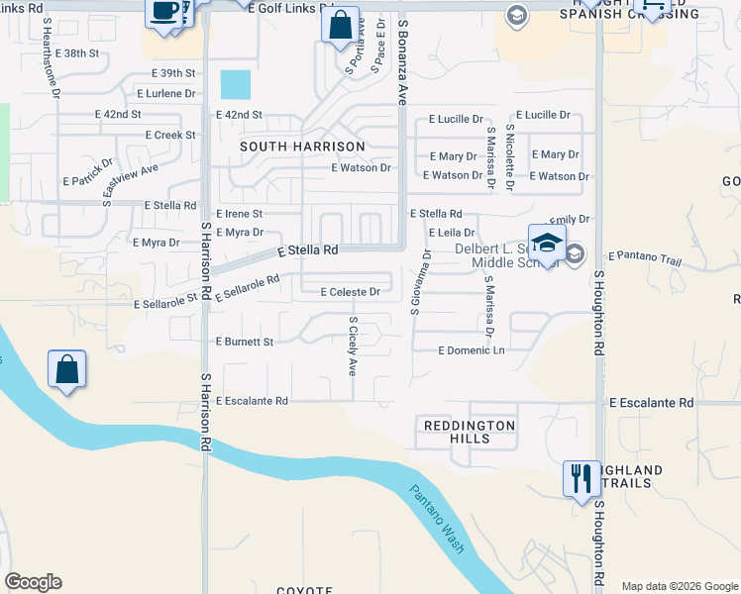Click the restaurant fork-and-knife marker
[x=581, y=479]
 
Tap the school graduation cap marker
[x=547, y=244]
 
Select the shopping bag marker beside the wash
[x=66, y=370]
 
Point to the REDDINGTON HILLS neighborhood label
[x=471, y=435]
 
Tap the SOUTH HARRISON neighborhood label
[x=303, y=146]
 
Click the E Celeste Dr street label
[x=351, y=292]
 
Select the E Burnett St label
[x=245, y=342]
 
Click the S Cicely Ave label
[x=352, y=346]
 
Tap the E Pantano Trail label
[x=645, y=257]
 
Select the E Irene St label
[x=239, y=214]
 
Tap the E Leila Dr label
[x=452, y=232]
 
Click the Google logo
[x=33, y=582]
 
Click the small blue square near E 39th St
[x=236, y=85]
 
